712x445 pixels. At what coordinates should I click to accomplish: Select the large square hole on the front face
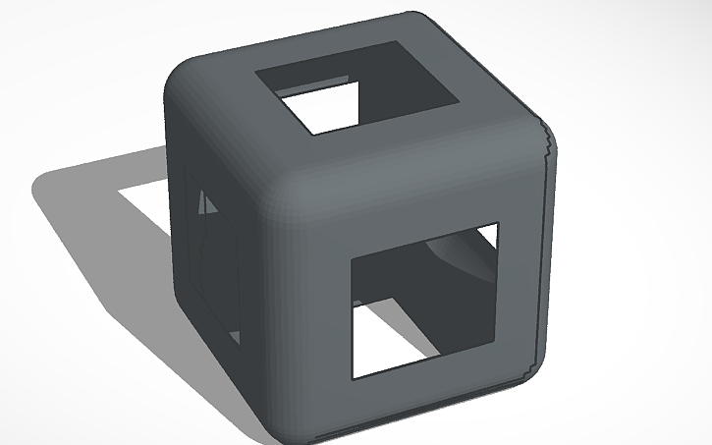pyautogui.click(x=422, y=300)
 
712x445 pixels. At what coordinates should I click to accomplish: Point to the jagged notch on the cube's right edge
pyautogui.click(x=546, y=147)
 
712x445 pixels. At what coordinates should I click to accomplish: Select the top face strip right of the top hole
pyautogui.click(x=491, y=98)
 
